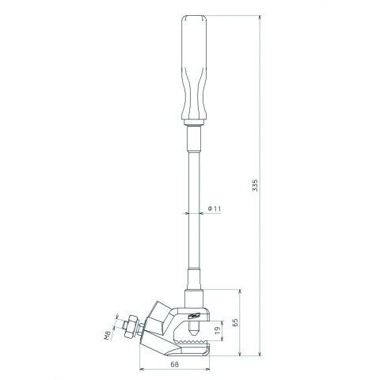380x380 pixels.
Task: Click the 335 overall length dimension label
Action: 255,185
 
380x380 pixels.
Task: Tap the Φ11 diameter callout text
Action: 214,209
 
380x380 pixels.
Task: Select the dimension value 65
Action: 235,322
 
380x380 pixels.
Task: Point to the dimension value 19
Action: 218,330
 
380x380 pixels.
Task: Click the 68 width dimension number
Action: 174,364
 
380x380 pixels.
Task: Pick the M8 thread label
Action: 107,336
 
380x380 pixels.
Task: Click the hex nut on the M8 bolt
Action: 131,327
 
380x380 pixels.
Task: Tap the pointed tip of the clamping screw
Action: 193,333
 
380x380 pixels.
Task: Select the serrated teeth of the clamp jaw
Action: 192,343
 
